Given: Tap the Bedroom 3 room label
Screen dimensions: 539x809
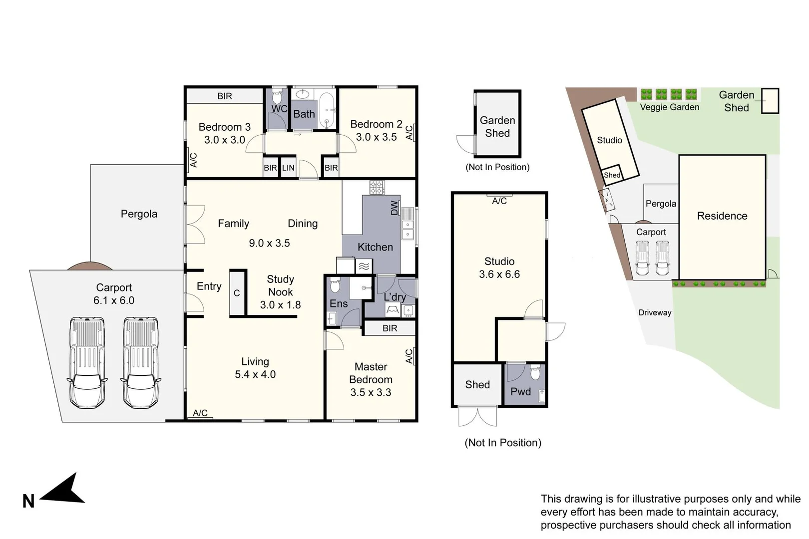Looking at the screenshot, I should pyautogui.click(x=224, y=127).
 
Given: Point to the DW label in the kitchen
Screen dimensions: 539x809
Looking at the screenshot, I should pyautogui.click(x=395, y=208).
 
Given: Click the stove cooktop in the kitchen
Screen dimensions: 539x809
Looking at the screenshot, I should pyautogui.click(x=377, y=188).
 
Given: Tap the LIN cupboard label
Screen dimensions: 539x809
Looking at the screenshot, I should pyautogui.click(x=288, y=168).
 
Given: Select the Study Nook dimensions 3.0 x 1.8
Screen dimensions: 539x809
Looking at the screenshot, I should pyautogui.click(x=280, y=305).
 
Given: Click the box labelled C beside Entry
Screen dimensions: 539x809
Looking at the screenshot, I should pyautogui.click(x=237, y=293).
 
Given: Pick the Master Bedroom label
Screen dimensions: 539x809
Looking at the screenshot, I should pyautogui.click(x=371, y=373).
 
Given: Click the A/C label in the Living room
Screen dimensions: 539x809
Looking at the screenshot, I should pyautogui.click(x=200, y=413).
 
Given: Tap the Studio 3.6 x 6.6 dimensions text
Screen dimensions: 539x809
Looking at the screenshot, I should pyautogui.click(x=499, y=274).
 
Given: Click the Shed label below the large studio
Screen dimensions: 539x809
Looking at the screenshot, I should pyautogui.click(x=477, y=385).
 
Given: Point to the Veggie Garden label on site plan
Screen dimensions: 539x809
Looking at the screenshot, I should pyautogui.click(x=669, y=107).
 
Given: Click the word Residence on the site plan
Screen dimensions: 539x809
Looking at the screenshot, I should pyautogui.click(x=722, y=216).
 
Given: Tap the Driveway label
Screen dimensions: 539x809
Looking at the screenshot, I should pyautogui.click(x=655, y=313).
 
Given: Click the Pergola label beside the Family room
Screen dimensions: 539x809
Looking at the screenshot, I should pyautogui.click(x=139, y=214).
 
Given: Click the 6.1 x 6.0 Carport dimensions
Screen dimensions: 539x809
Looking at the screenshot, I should pyautogui.click(x=114, y=300).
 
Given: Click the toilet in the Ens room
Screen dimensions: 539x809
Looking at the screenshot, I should pyautogui.click(x=335, y=285).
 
